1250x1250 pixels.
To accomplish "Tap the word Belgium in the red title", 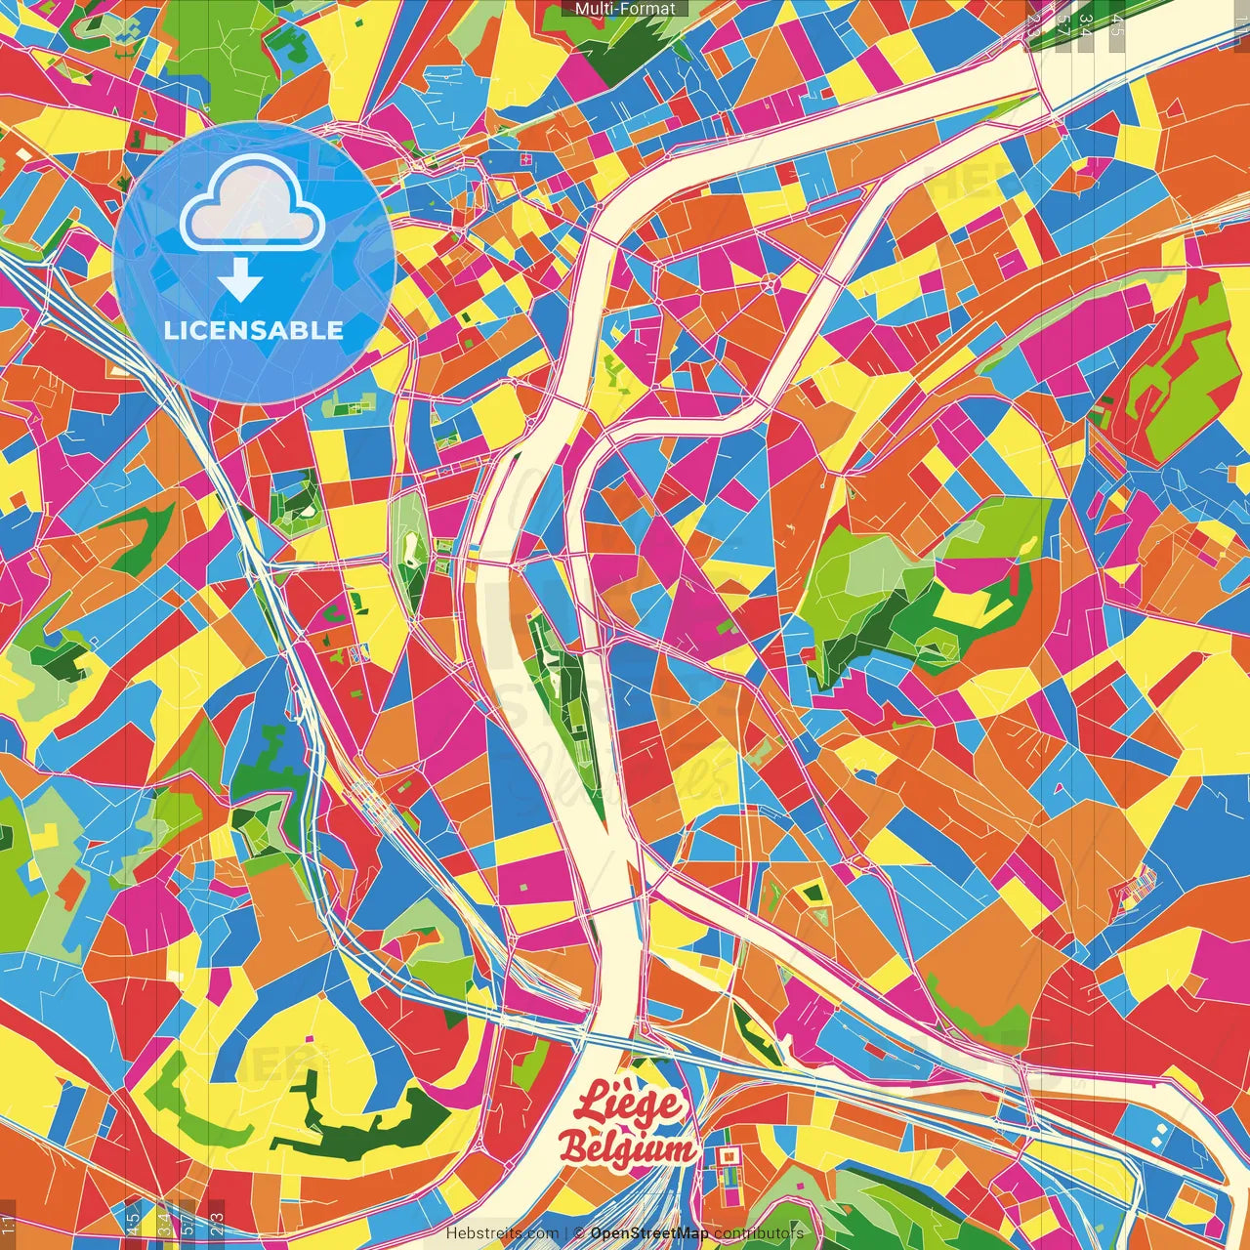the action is click(x=627, y=1148).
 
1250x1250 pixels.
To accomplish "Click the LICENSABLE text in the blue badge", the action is click(x=254, y=330).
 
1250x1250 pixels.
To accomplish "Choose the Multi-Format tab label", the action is click(x=625, y=9).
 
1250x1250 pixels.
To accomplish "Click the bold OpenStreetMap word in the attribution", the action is click(x=648, y=1233).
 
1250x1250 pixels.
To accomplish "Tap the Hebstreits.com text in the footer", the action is click(x=502, y=1233).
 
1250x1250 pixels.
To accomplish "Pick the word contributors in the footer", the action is click(x=758, y=1233).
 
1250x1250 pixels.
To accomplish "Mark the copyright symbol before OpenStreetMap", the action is click(x=579, y=1233).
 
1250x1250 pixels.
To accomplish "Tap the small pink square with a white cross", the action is click(x=526, y=158).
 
